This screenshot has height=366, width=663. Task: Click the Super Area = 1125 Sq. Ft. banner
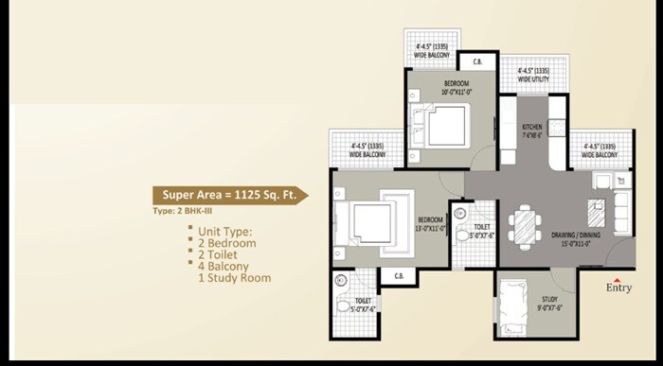228,195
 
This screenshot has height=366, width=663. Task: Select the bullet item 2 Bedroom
226,243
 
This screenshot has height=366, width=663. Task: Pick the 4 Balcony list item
224,267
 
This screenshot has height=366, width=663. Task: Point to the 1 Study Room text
234,278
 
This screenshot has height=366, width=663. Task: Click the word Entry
618,288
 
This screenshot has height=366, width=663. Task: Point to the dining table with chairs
523,225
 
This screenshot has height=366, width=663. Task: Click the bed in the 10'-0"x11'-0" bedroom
441,126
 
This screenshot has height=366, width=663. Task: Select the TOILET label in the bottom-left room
362,300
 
